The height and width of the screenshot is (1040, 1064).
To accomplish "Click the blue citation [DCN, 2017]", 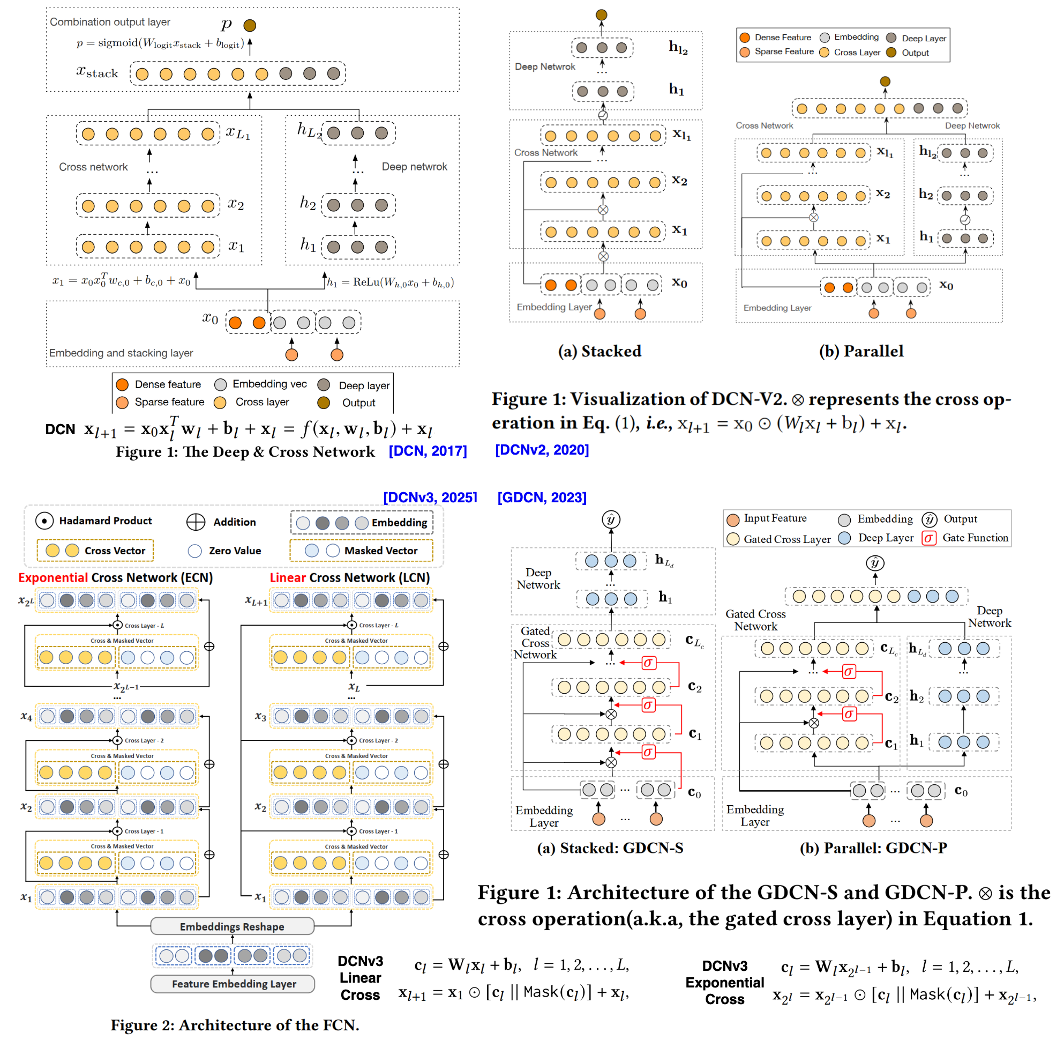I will click(428, 451).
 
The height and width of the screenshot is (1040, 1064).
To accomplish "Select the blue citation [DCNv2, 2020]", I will click(542, 450).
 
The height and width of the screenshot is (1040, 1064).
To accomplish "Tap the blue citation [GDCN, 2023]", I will click(542, 497).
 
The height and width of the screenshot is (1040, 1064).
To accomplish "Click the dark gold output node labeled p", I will click(250, 25).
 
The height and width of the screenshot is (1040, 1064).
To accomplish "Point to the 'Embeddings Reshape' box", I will click(232, 927).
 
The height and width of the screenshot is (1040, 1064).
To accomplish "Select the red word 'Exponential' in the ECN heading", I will click(53, 578).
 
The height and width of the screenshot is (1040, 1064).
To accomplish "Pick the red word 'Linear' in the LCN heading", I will click(288, 578).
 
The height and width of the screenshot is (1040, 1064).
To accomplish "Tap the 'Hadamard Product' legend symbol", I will click(44, 521).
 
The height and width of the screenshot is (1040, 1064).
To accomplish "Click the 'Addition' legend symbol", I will click(196, 522).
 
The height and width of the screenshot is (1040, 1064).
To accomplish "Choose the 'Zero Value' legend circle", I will click(194, 551).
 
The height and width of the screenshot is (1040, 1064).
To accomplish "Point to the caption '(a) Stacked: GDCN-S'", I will click(610, 848).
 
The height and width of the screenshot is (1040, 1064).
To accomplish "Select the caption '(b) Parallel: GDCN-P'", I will click(873, 848).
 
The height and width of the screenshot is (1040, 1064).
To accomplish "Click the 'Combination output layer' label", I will click(110, 22).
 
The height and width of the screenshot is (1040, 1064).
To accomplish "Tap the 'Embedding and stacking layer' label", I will click(121, 353).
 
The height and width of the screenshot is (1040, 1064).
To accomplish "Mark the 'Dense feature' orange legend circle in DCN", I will click(122, 384).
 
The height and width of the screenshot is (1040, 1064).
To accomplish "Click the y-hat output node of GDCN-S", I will click(611, 519).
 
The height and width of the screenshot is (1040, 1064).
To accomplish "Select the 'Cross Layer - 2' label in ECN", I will click(144, 741).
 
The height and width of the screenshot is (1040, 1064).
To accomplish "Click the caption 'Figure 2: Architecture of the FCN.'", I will click(235, 1025).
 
